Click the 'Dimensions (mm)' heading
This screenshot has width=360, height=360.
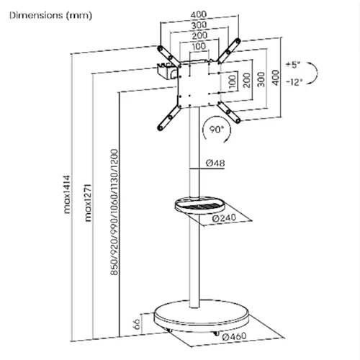tap(50, 16)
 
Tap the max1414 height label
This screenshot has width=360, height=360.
tap(67, 194)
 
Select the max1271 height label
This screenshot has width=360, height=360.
tap(88, 202)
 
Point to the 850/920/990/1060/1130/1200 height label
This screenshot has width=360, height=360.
tap(114, 212)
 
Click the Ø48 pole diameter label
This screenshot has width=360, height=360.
tap(215, 163)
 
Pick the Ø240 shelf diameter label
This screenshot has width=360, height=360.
tap(225, 218)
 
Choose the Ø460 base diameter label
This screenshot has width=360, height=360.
tap(234, 336)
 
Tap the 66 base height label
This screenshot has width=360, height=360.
tap(136, 324)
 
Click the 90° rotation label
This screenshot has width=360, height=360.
tap(217, 130)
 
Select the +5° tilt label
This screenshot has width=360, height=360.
tap(293, 65)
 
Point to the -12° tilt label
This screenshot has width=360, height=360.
tap(294, 82)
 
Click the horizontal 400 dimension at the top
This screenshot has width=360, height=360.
tap(199, 14)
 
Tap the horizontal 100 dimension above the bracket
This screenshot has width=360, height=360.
tap(199, 46)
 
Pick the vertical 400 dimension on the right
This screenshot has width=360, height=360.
tap(276, 78)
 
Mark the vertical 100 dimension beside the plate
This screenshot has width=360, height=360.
tap(233, 81)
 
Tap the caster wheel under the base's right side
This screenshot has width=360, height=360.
tap(216, 333)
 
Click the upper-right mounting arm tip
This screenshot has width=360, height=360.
tap(238, 40)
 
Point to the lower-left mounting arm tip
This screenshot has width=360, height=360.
tap(160, 127)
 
